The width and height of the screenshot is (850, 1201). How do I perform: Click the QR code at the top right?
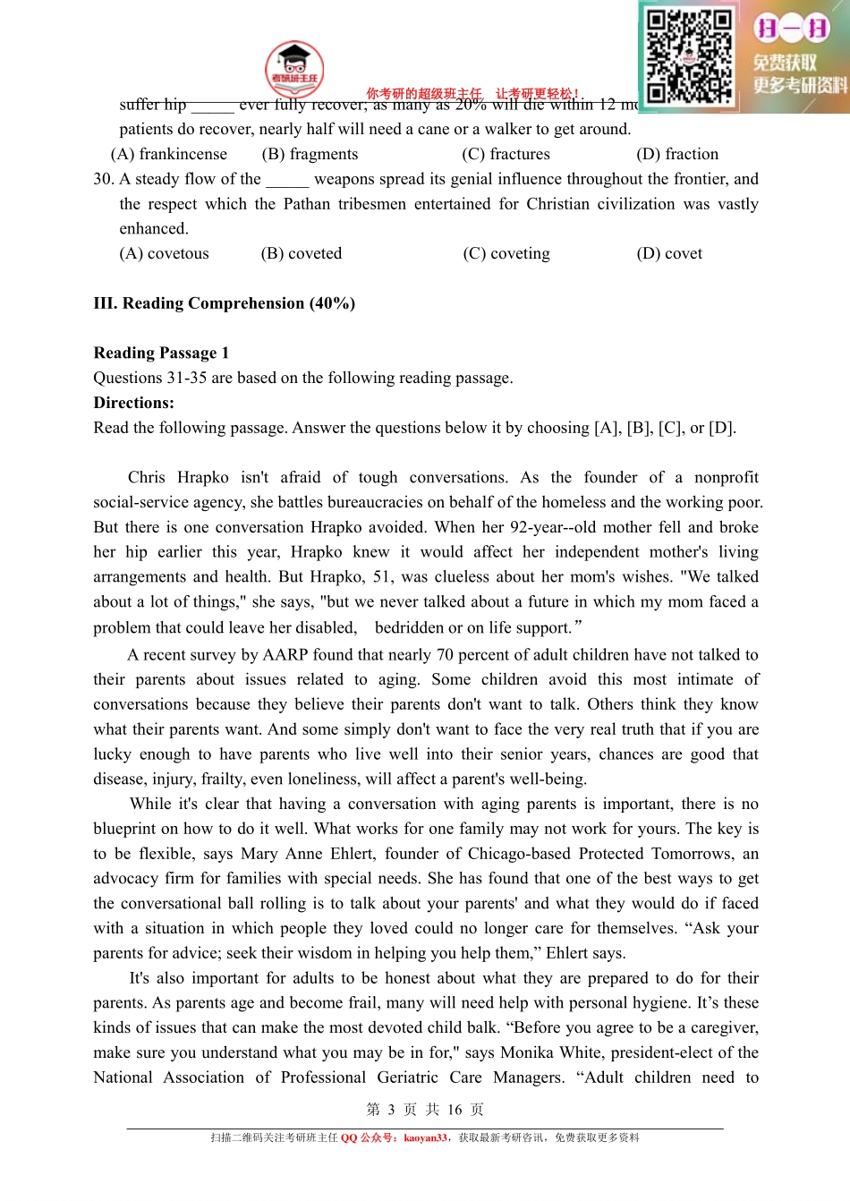[689, 55]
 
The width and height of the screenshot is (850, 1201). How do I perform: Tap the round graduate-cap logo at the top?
[294, 69]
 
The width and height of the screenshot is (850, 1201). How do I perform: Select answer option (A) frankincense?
[169, 154]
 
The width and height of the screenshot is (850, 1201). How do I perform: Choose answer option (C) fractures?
[506, 154]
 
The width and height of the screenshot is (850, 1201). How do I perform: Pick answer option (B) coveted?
[302, 253]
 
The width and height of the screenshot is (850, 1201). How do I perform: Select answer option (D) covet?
[669, 253]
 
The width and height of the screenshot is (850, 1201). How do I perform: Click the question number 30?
[104, 179]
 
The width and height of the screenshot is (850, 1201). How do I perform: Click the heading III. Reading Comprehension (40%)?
[224, 303]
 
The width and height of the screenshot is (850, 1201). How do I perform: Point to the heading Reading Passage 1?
[161, 353]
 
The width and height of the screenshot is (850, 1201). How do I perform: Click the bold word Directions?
[133, 403]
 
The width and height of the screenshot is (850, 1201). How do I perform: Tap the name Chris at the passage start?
[147, 477]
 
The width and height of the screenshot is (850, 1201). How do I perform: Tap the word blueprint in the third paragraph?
[129, 829]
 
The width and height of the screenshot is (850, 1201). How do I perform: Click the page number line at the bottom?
[425, 1110]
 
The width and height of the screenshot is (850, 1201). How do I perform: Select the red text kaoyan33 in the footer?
[424, 1138]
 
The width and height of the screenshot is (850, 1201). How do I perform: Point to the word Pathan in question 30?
[307, 204]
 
